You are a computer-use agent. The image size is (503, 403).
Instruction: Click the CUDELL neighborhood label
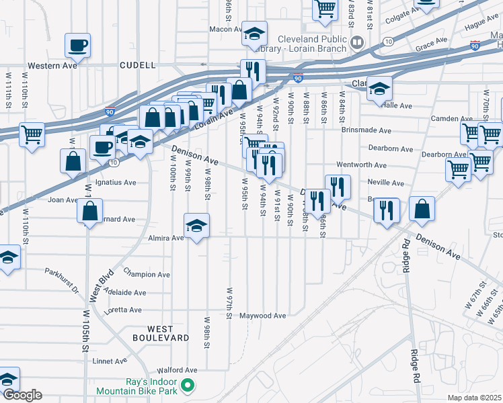(x=137, y=66)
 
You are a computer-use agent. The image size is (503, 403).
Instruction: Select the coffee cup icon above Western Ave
(x=77, y=46)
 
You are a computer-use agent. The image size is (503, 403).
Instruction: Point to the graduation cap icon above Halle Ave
(x=379, y=88)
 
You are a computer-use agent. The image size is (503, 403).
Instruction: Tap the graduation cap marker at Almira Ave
(x=196, y=225)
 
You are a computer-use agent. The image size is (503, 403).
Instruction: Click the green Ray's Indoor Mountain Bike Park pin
(x=189, y=386)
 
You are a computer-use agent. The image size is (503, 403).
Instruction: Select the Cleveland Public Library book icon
(x=357, y=43)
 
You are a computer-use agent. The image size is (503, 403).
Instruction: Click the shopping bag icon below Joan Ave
(x=90, y=211)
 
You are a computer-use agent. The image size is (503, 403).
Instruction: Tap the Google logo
(x=22, y=395)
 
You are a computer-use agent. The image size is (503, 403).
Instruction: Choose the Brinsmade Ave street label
(x=366, y=130)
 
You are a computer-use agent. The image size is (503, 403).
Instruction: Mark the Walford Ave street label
(x=177, y=370)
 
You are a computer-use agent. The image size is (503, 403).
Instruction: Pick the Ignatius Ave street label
(x=115, y=182)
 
